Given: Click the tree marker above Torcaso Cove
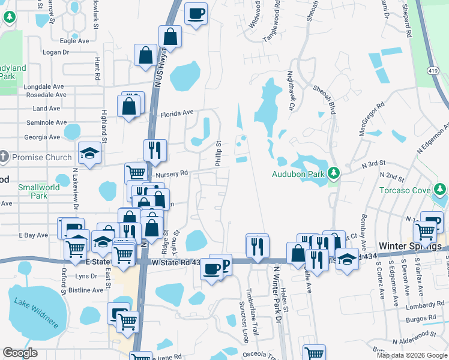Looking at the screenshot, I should (440, 190).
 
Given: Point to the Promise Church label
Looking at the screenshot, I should (41, 157).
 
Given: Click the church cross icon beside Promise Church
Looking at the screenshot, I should (4, 157).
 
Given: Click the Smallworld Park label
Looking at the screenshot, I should (39, 191).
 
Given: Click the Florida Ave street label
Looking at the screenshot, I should (176, 112).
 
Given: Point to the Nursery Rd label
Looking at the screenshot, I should (172, 173).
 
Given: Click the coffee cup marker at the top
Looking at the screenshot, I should (196, 13).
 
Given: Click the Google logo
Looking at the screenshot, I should (20, 353).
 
